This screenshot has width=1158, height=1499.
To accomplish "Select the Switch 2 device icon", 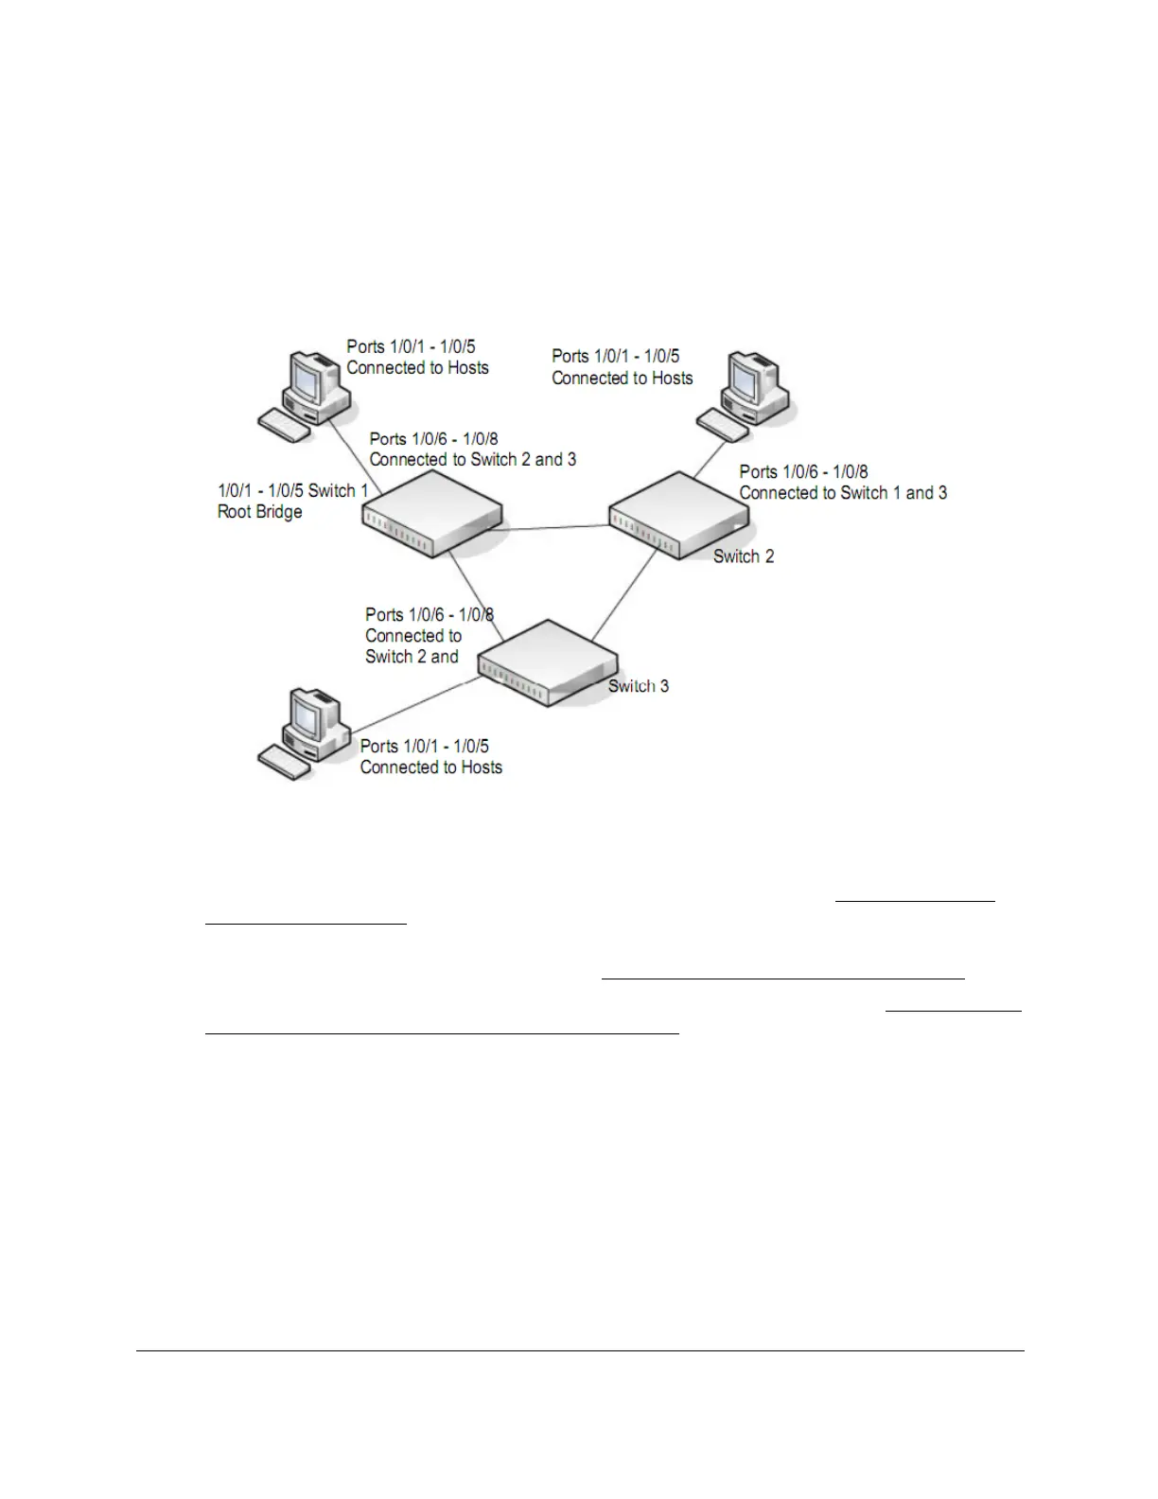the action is click(x=676, y=516).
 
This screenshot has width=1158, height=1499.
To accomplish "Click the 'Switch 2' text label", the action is click(x=744, y=556).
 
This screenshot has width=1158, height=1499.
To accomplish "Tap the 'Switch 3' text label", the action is click(x=639, y=686).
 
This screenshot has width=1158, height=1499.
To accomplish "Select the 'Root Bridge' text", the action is click(x=260, y=512).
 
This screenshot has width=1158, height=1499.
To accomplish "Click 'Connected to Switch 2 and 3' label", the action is click(x=472, y=460).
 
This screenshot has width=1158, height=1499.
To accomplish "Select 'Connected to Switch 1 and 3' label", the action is click(x=843, y=493).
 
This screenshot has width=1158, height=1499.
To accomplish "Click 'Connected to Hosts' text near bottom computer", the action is click(x=430, y=767).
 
